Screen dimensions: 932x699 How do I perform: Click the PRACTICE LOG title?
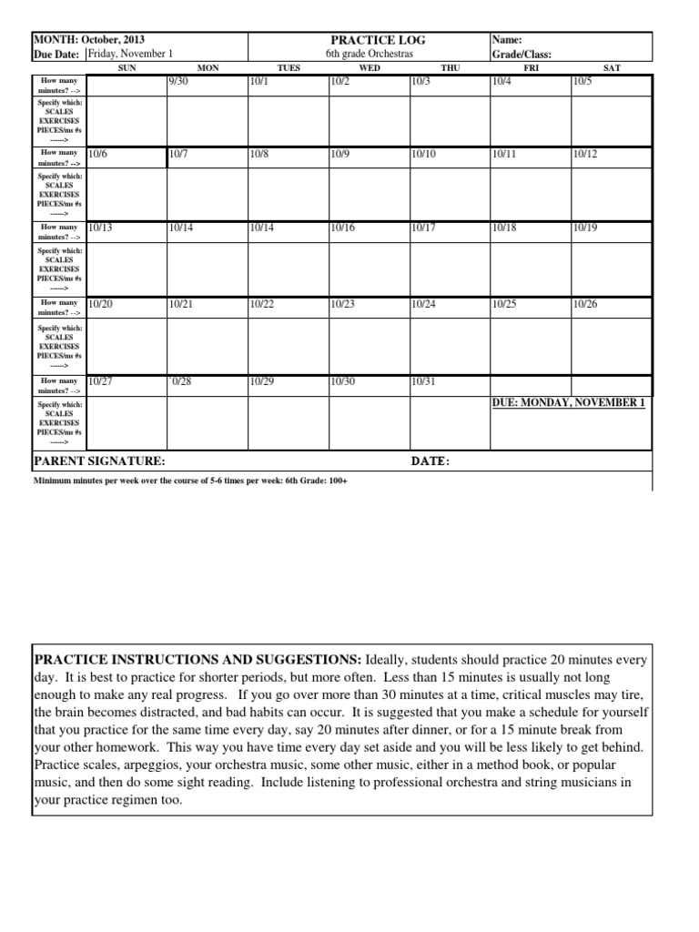[x=369, y=40]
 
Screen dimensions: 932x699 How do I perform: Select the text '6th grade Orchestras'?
[x=369, y=54]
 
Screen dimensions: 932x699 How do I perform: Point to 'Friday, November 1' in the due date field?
[x=129, y=54]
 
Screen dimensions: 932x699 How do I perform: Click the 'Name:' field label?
[x=507, y=40]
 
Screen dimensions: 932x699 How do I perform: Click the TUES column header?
[x=288, y=67]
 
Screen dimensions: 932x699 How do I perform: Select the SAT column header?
[x=612, y=67]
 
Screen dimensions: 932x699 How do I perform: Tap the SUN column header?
[x=127, y=67]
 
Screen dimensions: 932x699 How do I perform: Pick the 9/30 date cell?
[x=179, y=82]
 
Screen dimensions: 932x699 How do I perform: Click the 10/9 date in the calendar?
[x=340, y=155]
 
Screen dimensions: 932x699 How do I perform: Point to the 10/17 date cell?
[x=423, y=228]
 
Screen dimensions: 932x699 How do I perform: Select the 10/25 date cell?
[x=503, y=304]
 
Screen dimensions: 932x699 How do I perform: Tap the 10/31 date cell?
[x=423, y=381]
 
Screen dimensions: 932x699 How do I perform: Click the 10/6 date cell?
[x=99, y=155]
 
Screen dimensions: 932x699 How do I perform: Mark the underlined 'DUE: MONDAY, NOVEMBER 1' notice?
[x=568, y=402]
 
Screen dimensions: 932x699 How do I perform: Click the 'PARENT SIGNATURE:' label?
[x=99, y=461]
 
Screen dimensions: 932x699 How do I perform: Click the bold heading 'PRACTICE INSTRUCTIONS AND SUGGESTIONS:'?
[x=198, y=658]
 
